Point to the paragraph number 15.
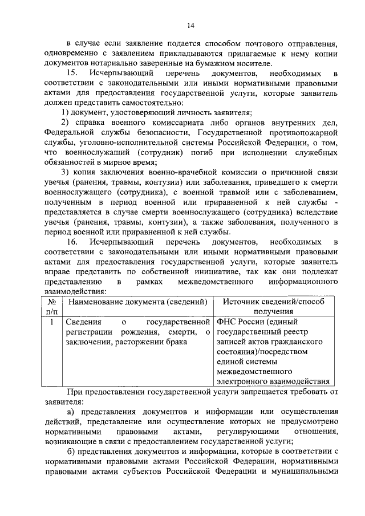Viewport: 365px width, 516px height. [x=72, y=74]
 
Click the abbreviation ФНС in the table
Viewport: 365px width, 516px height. [x=227, y=323]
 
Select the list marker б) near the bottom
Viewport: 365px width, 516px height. [x=71, y=452]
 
